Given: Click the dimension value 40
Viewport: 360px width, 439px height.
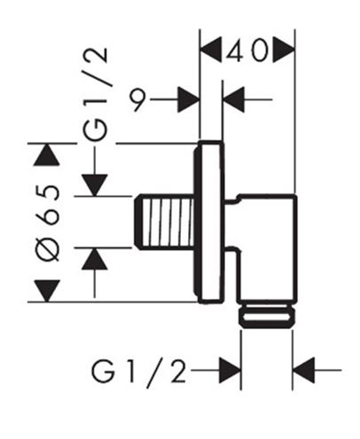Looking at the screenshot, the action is (247, 51).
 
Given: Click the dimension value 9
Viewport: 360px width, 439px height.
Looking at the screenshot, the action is (138, 100).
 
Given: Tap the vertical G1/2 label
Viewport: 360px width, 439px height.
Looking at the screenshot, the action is (95, 94).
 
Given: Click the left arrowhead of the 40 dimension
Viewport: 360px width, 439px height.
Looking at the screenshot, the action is (211, 50).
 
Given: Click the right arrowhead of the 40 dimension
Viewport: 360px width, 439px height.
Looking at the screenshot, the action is (284, 50).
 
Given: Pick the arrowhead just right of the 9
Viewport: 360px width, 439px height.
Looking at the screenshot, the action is (189, 99).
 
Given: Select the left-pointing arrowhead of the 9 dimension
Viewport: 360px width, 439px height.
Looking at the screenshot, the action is (233, 99).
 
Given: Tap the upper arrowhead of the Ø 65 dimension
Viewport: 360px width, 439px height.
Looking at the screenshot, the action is (47, 154).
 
